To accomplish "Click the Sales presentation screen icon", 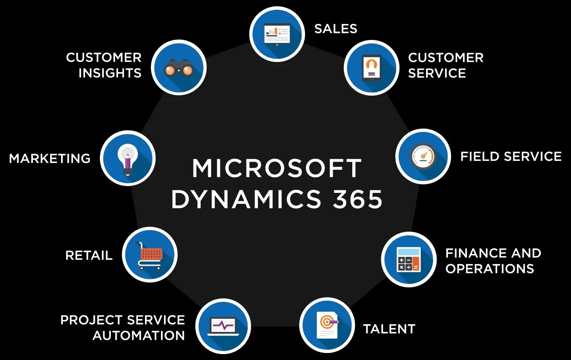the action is pos(277,34).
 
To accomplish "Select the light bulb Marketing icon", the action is pos(128,158).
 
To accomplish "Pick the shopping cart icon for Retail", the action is pos(150,255).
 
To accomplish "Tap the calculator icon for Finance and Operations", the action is pos(408,259).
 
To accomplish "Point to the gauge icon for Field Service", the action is pos(423,156).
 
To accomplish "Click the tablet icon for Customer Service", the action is pos(371,67).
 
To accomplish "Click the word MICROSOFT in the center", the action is pos(277,168).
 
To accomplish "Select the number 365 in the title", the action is pos(358,199).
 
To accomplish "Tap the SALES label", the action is pos(336,29).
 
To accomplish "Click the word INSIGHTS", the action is pos(110,73).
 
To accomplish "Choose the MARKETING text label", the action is pos(50,158).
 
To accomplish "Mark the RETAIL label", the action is pos(89,255).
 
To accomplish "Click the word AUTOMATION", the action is pos(139,336).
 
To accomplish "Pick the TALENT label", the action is pos(389,329).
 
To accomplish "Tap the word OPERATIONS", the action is pos(490,269).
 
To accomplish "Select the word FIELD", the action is pos(480,157).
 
